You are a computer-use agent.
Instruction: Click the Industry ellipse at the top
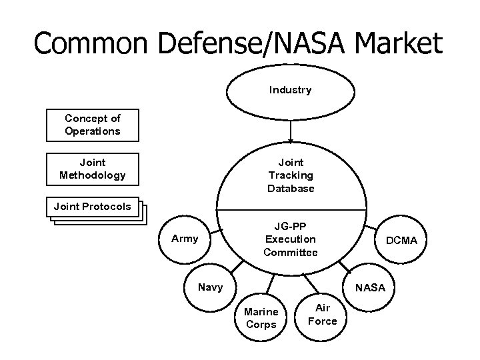click(x=290, y=90)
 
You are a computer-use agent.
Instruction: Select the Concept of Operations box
click(x=93, y=125)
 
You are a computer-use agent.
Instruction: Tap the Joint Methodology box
click(x=93, y=169)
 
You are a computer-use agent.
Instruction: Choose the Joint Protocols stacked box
click(x=93, y=207)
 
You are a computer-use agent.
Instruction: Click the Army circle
click(x=185, y=238)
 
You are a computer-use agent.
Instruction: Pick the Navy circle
click(x=210, y=288)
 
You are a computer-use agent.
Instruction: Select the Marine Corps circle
click(x=261, y=318)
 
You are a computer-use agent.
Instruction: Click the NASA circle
click(x=370, y=288)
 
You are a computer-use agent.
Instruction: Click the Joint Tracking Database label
click(x=291, y=175)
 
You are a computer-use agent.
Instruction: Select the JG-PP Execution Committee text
click(x=291, y=239)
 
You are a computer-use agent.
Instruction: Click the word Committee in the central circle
click(x=291, y=252)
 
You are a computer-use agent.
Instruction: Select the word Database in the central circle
click(x=291, y=189)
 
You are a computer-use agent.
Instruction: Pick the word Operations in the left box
click(x=93, y=131)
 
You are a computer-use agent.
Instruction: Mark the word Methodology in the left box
click(x=93, y=175)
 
